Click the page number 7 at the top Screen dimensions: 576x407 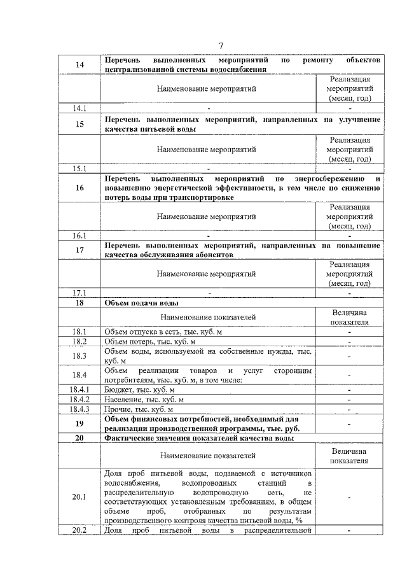coord(221,45)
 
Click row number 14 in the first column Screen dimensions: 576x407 coord(79,65)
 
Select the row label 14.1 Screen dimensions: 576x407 coord(79,108)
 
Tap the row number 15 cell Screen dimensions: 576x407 coord(79,124)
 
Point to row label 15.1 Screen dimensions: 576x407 coord(79,169)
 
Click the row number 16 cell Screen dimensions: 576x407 coord(79,188)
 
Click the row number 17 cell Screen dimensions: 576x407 coord(79,250)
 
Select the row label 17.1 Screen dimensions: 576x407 coord(79,293)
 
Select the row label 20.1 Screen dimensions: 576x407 coord(79,496)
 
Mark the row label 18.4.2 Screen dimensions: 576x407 coord(79,399)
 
